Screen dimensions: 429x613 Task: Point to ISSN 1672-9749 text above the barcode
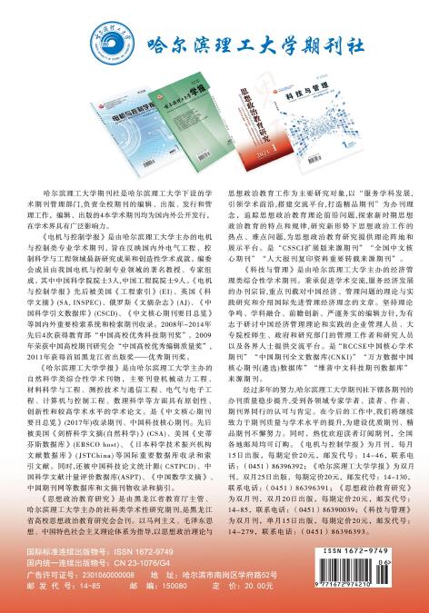(x=373, y=549)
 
